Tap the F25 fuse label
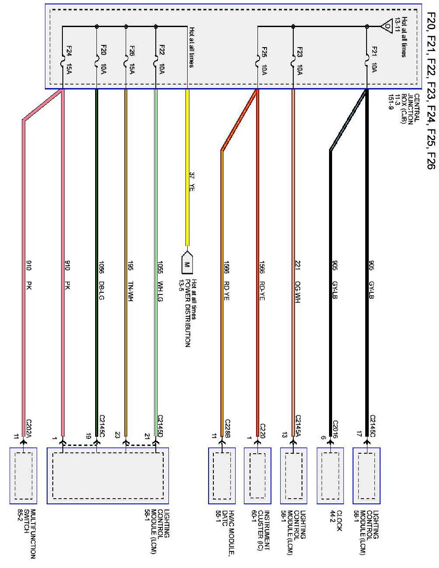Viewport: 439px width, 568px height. (264, 52)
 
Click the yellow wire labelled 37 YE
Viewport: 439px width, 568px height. (188, 166)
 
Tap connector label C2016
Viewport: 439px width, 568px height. (335, 428)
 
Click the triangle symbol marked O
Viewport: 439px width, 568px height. (387, 26)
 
